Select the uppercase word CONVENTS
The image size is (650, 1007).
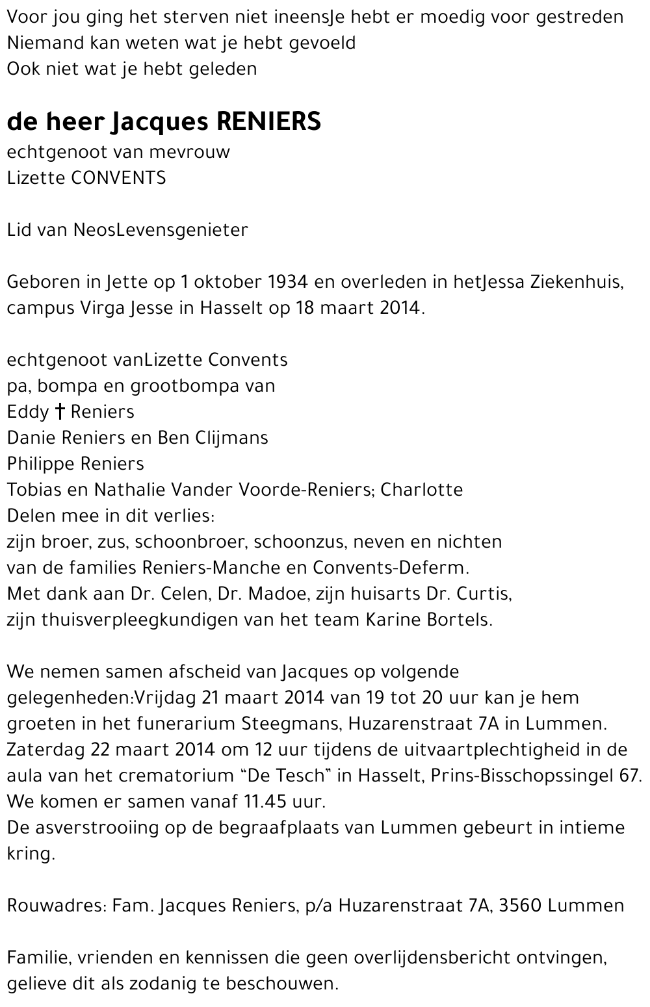click(x=118, y=178)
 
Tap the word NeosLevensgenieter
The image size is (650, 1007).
click(x=161, y=230)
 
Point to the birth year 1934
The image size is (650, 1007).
click(x=288, y=282)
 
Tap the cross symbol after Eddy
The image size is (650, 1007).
click(x=60, y=412)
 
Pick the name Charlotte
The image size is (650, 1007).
click(x=422, y=490)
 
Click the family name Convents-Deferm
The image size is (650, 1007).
click(x=389, y=568)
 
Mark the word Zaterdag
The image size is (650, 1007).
click(x=47, y=750)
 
